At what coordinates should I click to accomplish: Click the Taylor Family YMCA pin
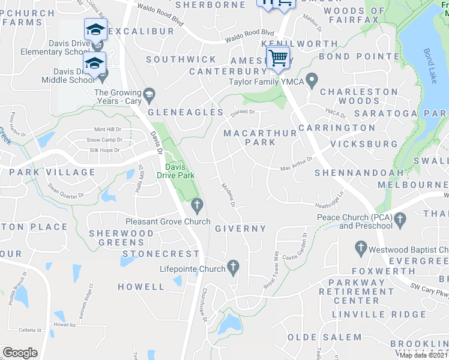[x=312, y=79]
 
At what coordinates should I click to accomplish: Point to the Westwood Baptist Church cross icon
[x=361, y=247]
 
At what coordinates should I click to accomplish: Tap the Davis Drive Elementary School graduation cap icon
[x=95, y=29]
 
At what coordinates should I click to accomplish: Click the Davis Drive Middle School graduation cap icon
[x=95, y=64]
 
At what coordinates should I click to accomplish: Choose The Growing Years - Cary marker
[x=149, y=93]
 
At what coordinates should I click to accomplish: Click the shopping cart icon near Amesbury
[x=278, y=58]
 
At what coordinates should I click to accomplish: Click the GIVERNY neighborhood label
[x=240, y=229]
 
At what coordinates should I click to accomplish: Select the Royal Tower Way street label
[x=272, y=269]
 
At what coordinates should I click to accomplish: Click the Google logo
[x=20, y=353]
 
